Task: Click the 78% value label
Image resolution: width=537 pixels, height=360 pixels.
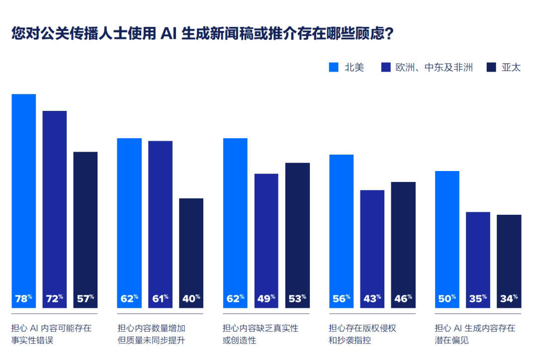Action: tap(23, 298)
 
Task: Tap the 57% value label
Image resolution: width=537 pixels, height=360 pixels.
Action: tap(86, 298)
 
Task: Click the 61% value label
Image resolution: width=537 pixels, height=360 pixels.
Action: tap(161, 298)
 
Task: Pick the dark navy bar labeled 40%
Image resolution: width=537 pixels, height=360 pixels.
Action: tap(191, 249)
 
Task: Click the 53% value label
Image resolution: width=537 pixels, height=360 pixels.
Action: tap(297, 298)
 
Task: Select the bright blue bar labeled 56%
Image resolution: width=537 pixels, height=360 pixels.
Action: tap(342, 224)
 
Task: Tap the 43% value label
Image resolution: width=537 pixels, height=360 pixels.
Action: tap(372, 298)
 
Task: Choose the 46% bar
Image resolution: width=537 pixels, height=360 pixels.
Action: tap(403, 239)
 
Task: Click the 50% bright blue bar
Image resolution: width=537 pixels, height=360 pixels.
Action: tap(447, 234)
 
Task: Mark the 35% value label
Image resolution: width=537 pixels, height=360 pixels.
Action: tap(478, 298)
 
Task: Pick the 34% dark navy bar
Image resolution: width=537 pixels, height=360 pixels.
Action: tap(509, 259)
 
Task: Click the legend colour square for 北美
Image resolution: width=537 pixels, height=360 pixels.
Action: tap(334, 67)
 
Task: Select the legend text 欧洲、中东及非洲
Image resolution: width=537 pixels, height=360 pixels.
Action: tap(434, 68)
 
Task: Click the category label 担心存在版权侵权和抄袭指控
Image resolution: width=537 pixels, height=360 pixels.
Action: tap(362, 334)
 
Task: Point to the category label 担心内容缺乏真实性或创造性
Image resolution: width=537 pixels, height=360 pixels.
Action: tap(260, 334)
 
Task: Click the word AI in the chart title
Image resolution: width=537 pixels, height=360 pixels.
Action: tap(168, 34)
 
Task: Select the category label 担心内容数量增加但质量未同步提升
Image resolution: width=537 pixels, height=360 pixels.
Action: tap(154, 334)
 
